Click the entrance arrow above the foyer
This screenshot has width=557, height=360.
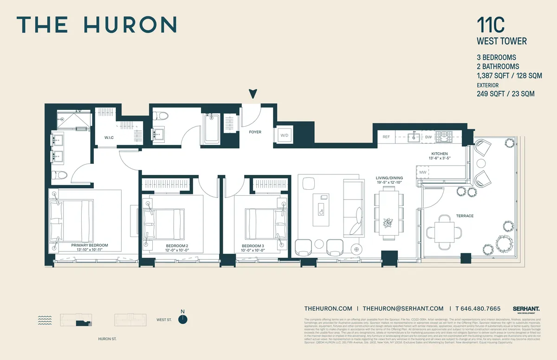click(x=253, y=94)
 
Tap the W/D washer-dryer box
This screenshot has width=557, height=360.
click(x=284, y=135)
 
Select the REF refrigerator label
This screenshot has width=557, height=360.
click(x=386, y=137)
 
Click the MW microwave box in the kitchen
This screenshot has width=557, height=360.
click(x=423, y=173)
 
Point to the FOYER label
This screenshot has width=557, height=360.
click(x=255, y=132)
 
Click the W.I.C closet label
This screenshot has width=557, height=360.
click(x=109, y=137)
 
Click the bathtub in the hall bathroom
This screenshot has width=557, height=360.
click(x=212, y=128)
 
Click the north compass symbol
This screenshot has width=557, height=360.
click(x=183, y=319)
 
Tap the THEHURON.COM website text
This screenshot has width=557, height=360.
click(x=328, y=309)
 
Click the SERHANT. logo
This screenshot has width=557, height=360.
click(x=526, y=309)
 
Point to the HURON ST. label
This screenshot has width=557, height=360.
click(x=108, y=339)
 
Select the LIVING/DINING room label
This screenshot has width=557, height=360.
click(x=389, y=178)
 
